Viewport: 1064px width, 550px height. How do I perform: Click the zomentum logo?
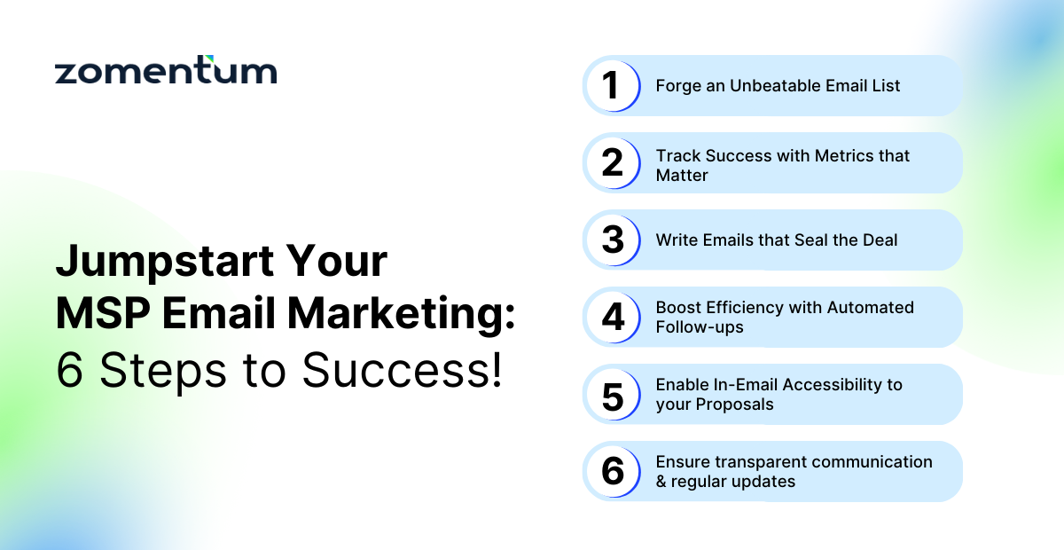point(166,71)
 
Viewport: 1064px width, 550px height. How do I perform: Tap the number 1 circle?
point(612,86)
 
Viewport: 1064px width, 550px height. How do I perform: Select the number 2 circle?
point(612,163)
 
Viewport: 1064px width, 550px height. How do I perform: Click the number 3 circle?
point(612,240)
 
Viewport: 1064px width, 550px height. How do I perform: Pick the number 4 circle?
point(612,318)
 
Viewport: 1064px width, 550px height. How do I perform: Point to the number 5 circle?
point(612,395)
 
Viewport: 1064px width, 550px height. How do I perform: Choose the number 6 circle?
point(612,472)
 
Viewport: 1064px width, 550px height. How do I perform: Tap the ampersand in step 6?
point(661,482)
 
